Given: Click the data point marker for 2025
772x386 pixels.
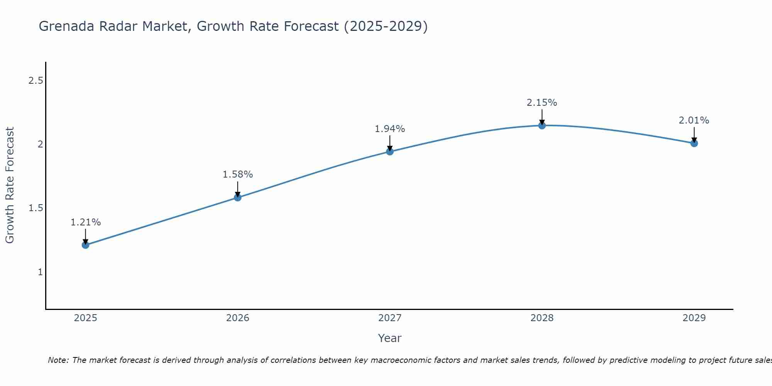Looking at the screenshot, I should [x=86, y=245].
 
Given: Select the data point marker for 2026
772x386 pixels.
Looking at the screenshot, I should [x=238, y=198].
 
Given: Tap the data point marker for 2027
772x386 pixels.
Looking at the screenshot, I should [x=390, y=151].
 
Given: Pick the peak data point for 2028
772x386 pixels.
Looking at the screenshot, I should [x=542, y=125].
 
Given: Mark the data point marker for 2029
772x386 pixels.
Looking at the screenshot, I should [x=694, y=143].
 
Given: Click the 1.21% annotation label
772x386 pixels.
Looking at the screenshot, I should [x=86, y=222].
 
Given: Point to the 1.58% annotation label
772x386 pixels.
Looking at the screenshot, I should [x=238, y=174].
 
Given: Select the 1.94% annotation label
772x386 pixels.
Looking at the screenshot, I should [x=390, y=129].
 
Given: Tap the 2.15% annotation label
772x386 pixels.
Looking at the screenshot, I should [x=542, y=103].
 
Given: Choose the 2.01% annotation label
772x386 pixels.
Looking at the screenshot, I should [x=694, y=120].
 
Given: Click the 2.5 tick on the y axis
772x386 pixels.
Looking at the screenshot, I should [x=36, y=81].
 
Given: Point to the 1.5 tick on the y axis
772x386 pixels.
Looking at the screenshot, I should [x=36, y=208].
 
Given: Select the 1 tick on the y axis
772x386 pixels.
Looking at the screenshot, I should [x=40, y=272].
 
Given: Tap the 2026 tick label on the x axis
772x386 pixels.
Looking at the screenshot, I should [x=238, y=318].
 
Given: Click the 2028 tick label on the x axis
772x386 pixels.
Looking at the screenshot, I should [x=542, y=318].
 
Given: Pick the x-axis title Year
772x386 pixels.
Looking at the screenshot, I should [x=390, y=338].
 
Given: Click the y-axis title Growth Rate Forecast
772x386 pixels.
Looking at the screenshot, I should [x=10, y=185].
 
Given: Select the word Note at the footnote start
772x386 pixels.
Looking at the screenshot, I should [x=58, y=360].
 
